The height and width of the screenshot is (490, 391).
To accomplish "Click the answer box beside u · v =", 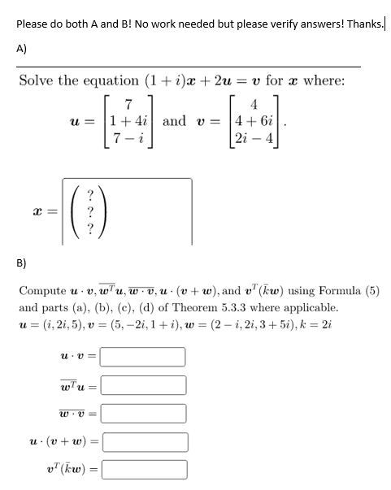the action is [144, 357].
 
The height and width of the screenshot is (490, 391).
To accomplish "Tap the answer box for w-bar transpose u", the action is [144, 385].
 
